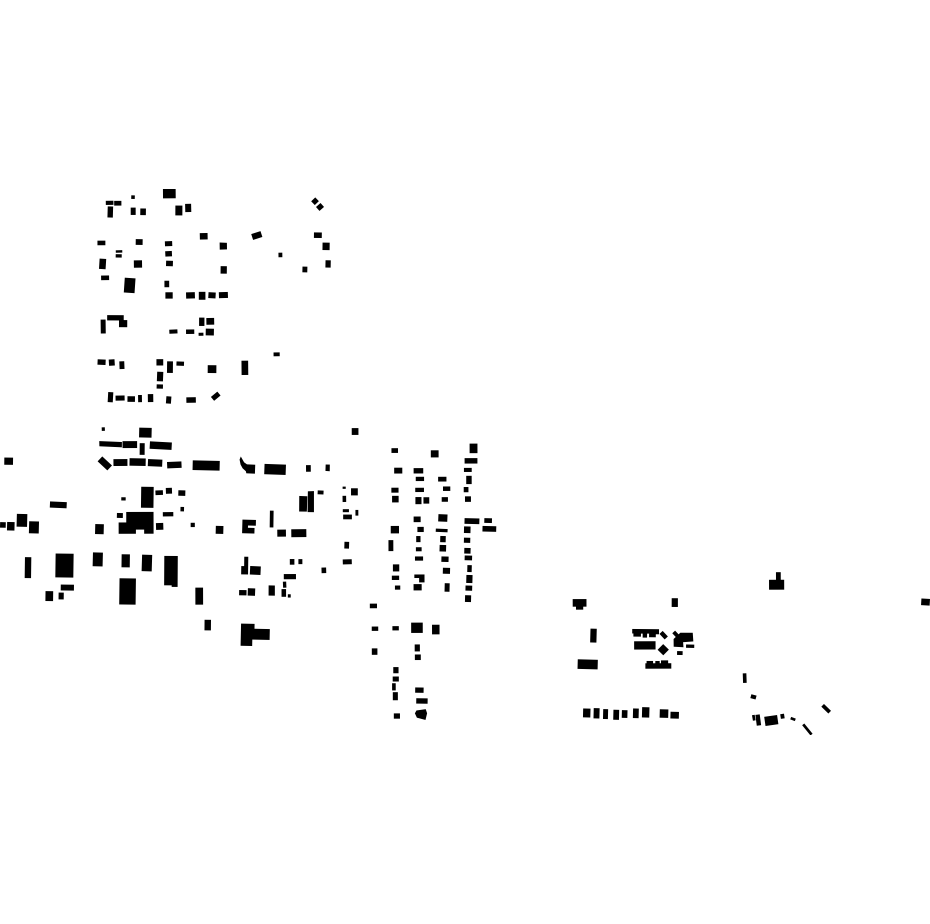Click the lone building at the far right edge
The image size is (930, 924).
tap(925, 602)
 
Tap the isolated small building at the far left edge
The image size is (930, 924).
tap(9, 461)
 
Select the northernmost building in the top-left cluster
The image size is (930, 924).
tap(169, 194)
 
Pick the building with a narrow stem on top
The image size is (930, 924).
tap(777, 583)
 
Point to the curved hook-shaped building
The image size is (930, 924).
tap(245, 465)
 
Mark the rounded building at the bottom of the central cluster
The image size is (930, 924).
tap(421, 714)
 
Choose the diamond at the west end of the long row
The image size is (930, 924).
tap(104, 463)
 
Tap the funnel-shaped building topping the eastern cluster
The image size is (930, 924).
tap(579, 604)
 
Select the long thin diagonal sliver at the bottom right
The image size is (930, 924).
tap(807, 729)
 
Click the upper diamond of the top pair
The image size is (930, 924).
tap(315, 201)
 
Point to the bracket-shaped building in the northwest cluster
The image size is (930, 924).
tap(112, 322)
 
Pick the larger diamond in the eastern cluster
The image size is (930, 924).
tap(663, 650)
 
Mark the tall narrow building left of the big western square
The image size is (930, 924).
tap(28, 567)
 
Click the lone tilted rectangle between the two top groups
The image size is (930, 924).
tap(257, 236)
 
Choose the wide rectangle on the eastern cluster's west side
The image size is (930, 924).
tap(588, 664)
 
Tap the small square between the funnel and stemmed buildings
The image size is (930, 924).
tap(675, 603)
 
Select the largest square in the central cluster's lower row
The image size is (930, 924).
tap(416, 628)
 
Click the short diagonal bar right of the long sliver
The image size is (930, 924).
tap(826, 709)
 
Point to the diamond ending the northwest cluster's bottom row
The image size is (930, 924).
tap(215, 397)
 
